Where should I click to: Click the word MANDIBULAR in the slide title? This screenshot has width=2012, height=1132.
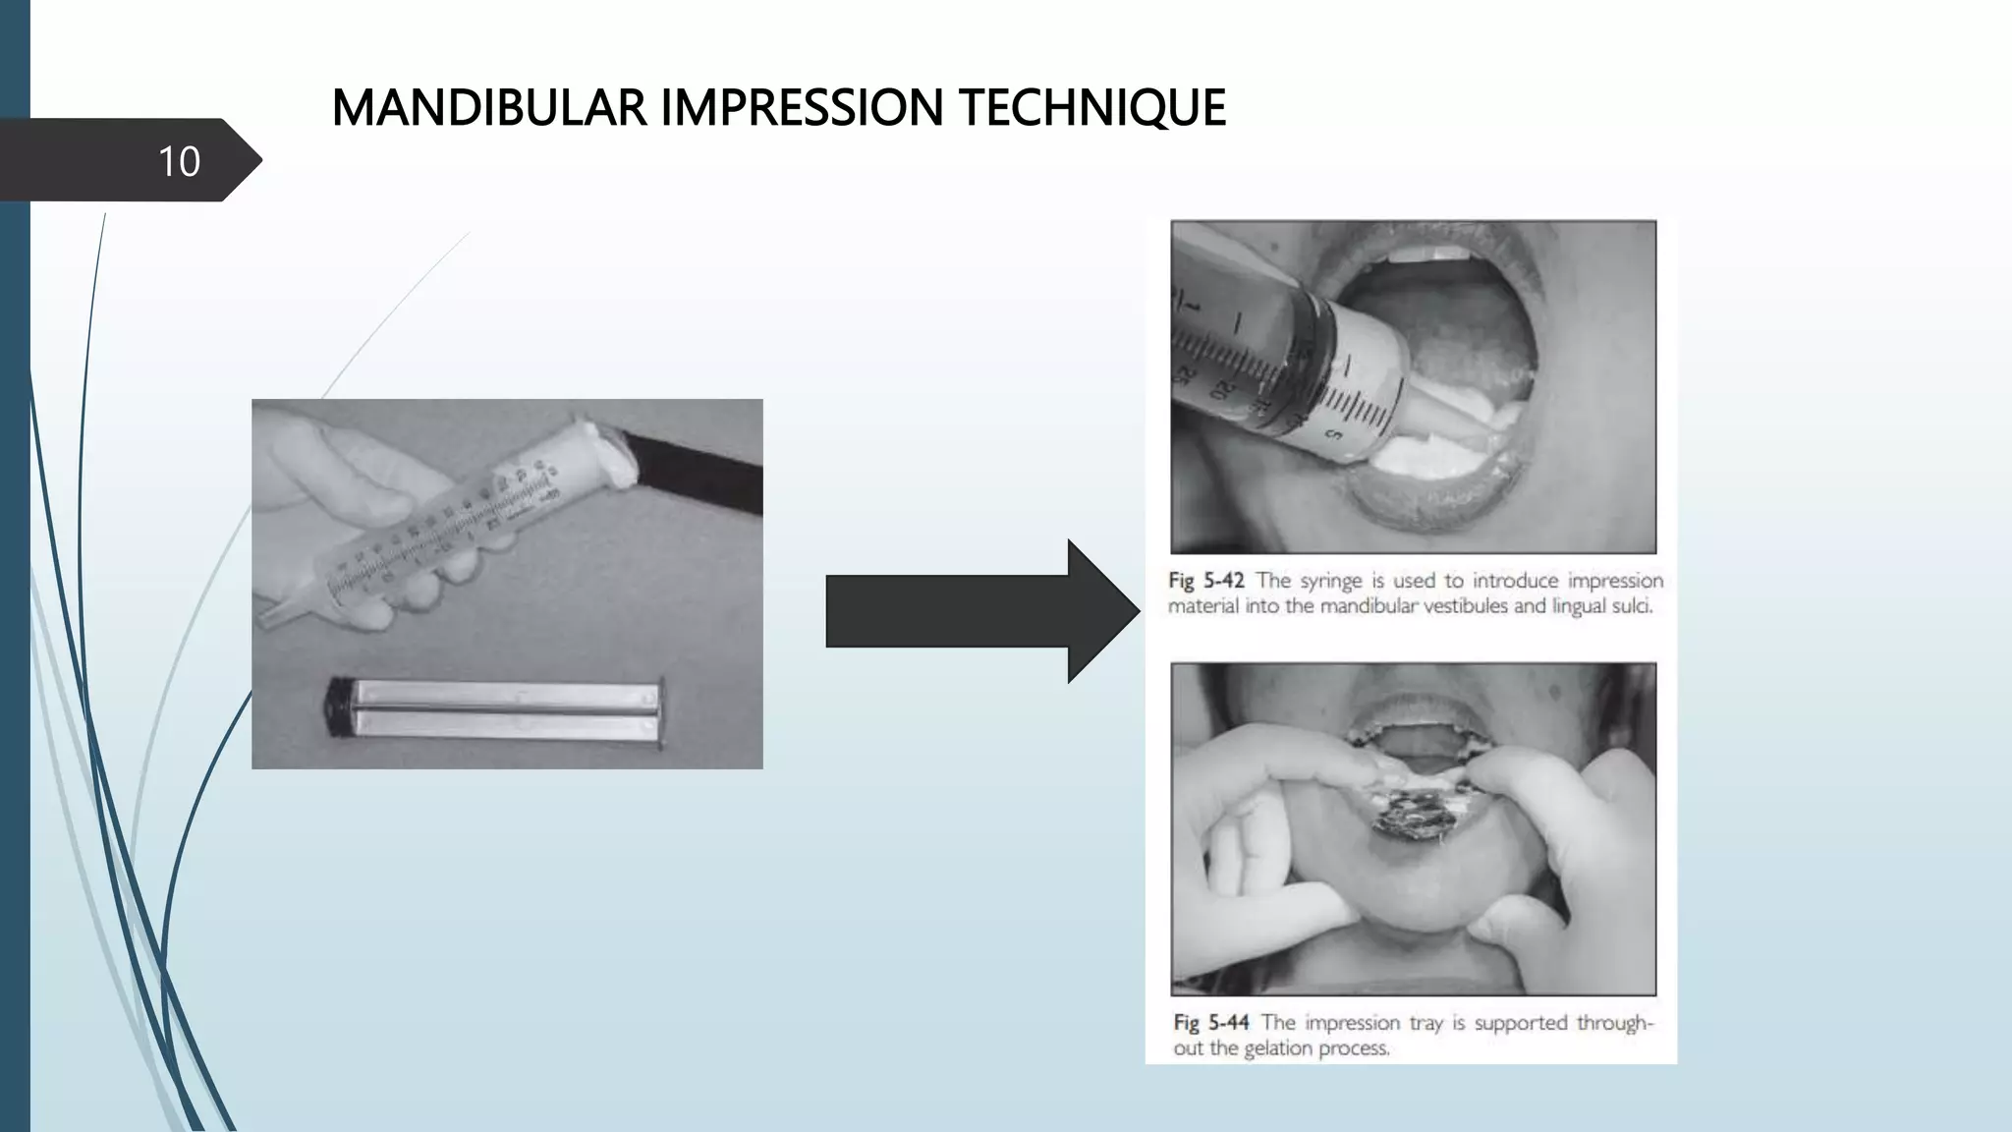(489, 108)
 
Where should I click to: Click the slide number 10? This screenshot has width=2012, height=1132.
(179, 161)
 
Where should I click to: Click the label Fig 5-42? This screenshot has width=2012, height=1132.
(1205, 581)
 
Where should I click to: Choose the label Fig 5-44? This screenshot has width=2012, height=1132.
(1210, 1023)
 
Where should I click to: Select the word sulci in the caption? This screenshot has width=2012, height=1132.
(1631, 606)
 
